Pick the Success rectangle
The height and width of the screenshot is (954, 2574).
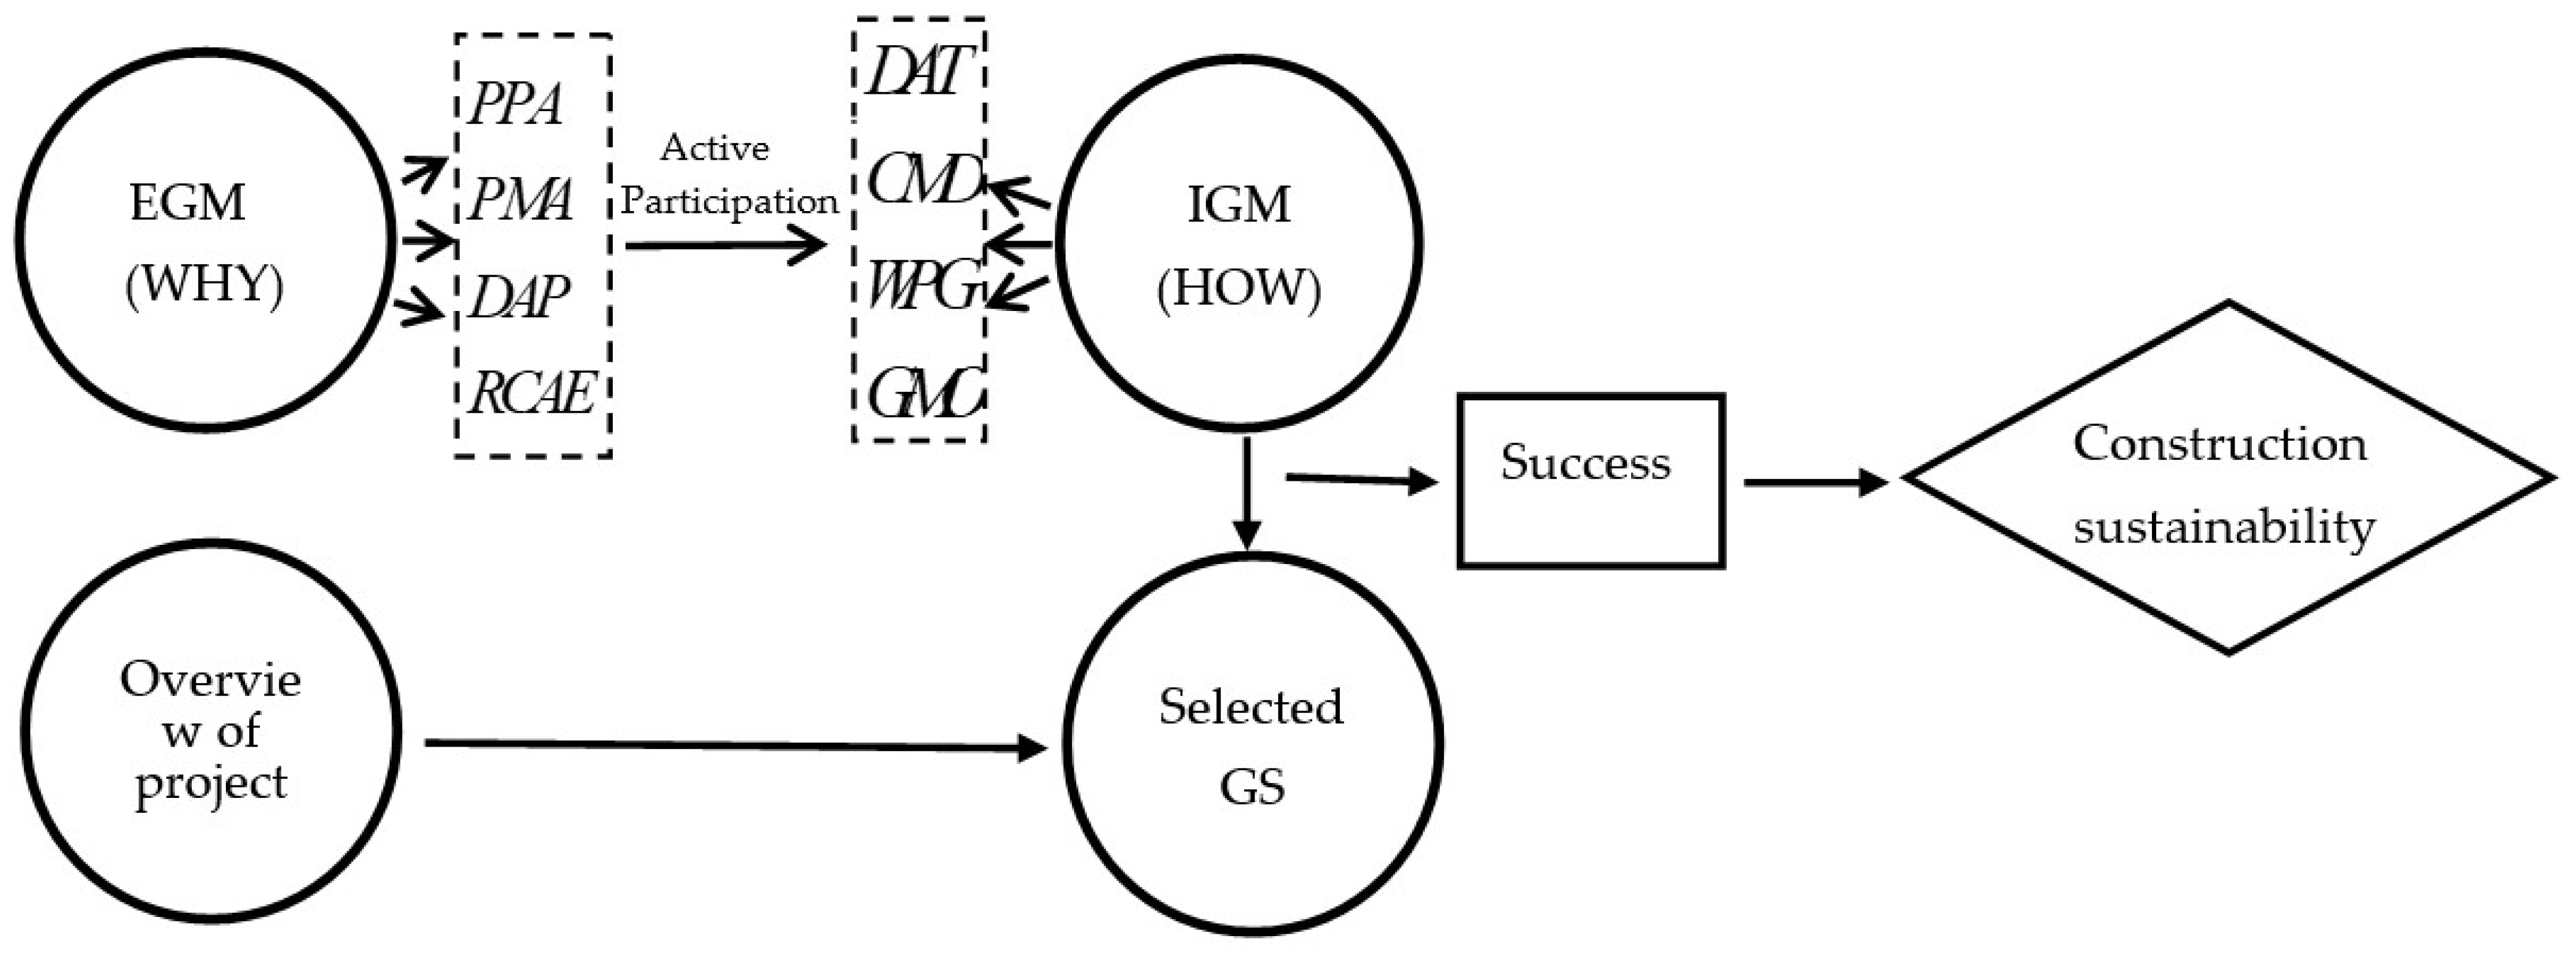1591,481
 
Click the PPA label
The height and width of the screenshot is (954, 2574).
515,104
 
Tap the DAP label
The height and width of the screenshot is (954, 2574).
518,297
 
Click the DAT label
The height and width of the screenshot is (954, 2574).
917,72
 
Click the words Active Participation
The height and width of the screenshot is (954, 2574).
728,176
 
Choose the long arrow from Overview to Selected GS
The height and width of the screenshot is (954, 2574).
734,745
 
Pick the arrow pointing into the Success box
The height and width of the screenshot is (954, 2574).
1361,481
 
